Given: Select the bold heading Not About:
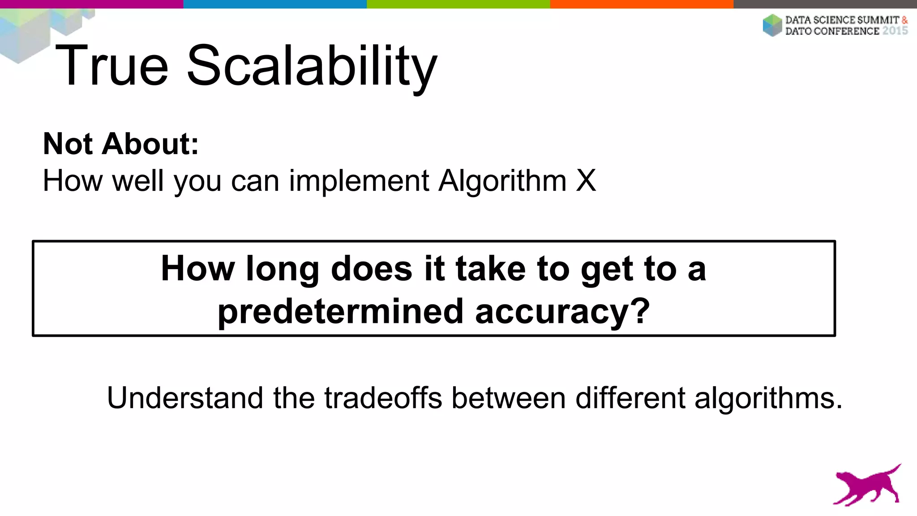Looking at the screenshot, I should coord(121,144).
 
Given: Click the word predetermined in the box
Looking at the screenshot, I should coord(340,312).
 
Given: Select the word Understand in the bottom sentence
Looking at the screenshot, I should coord(185,398).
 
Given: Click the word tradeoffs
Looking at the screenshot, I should coord(383,398).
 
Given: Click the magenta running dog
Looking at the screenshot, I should coord(866,486).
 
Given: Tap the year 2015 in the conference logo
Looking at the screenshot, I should coord(895,31).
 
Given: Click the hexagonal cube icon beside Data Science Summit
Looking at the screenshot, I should coord(772,25).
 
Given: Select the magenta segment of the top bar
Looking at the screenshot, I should coord(91,4).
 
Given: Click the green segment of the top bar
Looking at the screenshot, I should coord(458,4).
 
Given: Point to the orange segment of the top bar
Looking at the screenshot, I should coord(642,4).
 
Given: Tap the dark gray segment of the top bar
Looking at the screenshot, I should coord(825,4).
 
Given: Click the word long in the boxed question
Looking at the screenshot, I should coord(282,269).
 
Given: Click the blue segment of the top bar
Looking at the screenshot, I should coord(275,4).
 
